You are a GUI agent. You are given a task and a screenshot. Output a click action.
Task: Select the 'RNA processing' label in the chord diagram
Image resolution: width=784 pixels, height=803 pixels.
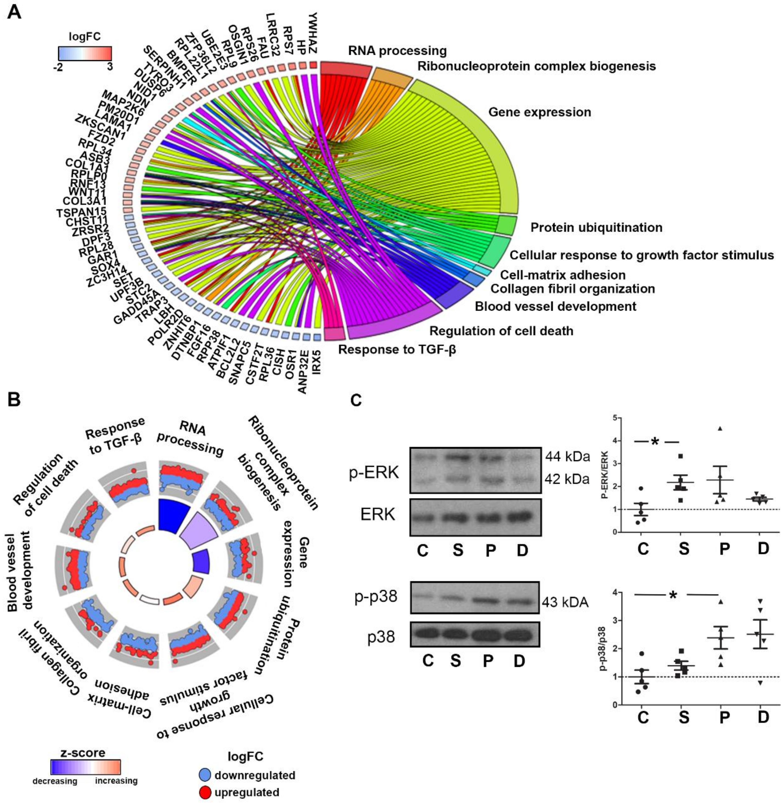pos(397,51)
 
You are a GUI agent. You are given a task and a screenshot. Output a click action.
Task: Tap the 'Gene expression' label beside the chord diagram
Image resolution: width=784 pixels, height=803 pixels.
pos(539,112)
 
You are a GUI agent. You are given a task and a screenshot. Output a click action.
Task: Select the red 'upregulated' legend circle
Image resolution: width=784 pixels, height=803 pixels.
pos(205,781)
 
